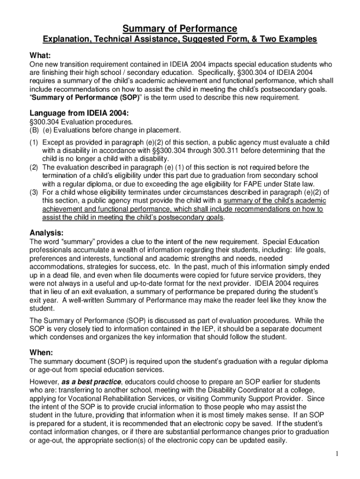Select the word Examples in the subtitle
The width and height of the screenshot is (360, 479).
(296, 39)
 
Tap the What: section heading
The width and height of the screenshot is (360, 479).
(40, 54)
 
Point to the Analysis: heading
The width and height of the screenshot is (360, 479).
(47, 233)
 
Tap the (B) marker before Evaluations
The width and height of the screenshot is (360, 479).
(35, 130)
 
